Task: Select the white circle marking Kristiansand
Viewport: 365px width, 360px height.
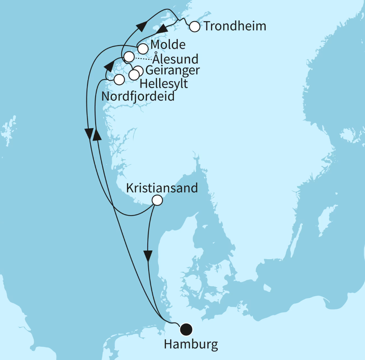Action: point(157,200)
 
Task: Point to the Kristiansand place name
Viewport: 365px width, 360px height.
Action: point(162,188)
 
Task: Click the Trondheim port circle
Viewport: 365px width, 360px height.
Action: point(194,27)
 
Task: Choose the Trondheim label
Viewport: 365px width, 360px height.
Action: point(235,26)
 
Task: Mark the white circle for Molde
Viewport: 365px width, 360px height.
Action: point(143,49)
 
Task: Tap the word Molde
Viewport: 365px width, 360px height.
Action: point(168,45)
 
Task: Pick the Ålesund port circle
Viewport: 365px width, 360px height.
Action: point(129,57)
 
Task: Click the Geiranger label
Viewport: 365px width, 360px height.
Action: point(172,70)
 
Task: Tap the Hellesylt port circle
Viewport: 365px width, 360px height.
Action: point(134,75)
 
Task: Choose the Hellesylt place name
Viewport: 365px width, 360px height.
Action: point(164,83)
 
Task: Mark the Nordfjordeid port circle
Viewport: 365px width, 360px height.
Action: point(119,80)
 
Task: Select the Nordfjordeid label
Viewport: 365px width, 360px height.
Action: point(138,96)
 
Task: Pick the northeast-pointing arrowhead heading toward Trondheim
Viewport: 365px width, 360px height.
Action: point(141,26)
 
